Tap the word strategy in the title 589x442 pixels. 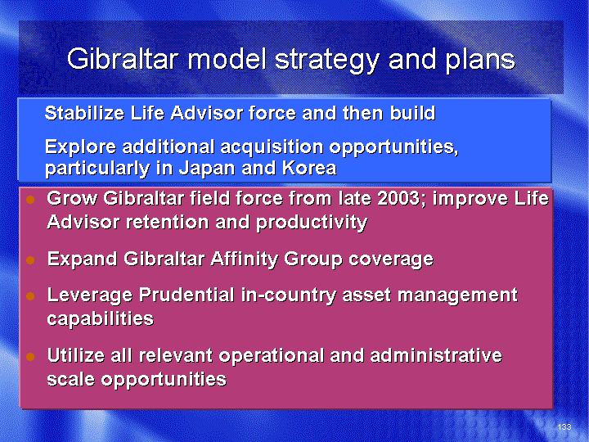(327, 61)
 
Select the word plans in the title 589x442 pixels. (480, 61)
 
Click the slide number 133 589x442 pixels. (564, 426)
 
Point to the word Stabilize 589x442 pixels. (84, 113)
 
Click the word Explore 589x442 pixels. (80, 147)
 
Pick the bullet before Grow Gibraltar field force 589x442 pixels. (30, 200)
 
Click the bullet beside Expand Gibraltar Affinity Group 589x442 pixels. (30, 259)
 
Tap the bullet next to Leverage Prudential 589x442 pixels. (30, 296)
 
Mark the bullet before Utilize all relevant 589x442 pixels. (30, 356)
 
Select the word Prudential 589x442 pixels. (187, 295)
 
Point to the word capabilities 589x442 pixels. (101, 319)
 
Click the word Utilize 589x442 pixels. (76, 355)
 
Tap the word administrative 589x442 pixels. (436, 355)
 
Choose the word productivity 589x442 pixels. (312, 223)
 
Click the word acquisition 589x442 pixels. (272, 147)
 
